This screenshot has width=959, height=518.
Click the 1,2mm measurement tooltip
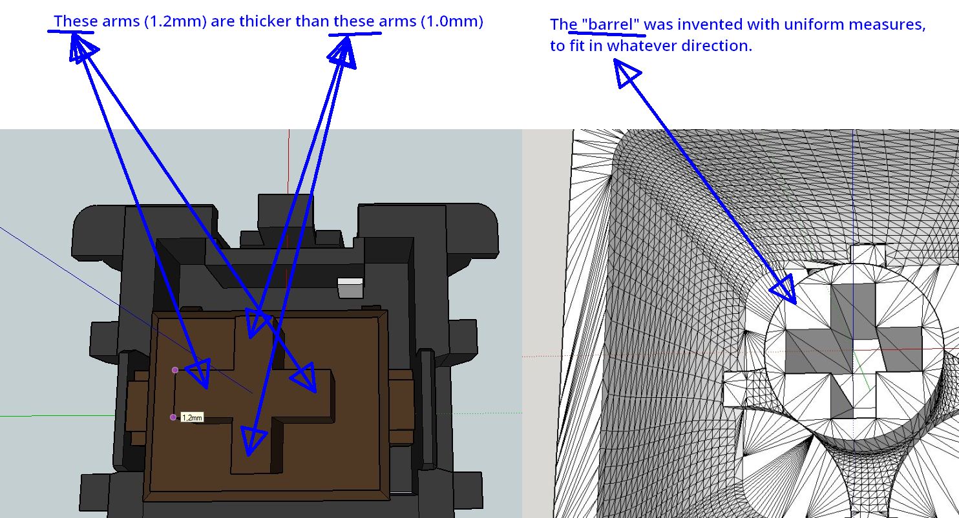tap(192, 417)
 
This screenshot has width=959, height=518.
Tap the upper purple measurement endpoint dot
tap(174, 370)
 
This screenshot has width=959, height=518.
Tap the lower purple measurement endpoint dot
tap(173, 417)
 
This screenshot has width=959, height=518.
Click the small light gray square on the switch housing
tap(351, 287)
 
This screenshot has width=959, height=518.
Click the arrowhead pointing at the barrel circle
tap(785, 289)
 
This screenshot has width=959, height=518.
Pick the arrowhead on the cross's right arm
tap(304, 377)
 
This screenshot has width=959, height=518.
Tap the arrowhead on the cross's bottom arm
tap(253, 440)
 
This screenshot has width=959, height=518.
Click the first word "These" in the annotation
tap(76, 21)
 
